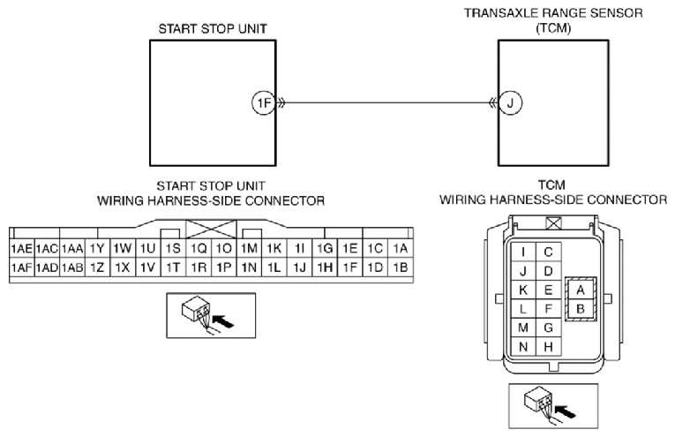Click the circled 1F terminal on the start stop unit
[264, 103]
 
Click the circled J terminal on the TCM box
[510, 103]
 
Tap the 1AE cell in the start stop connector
[21, 248]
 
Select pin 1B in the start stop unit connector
[401, 267]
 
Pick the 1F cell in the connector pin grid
[350, 267]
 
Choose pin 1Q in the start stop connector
[199, 248]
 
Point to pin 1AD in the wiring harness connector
[47, 267]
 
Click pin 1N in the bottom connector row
[249, 267]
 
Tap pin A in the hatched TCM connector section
[581, 290]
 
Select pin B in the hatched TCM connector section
[581, 309]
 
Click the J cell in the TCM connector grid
[523, 271]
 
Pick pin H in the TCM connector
[548, 347]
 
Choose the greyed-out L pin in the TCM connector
[523, 309]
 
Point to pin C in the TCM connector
[548, 252]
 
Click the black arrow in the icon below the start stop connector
[223, 321]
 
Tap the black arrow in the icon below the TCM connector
[566, 411]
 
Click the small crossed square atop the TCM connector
[553, 223]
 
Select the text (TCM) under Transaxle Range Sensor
[553, 28]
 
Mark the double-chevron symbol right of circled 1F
[281, 103]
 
